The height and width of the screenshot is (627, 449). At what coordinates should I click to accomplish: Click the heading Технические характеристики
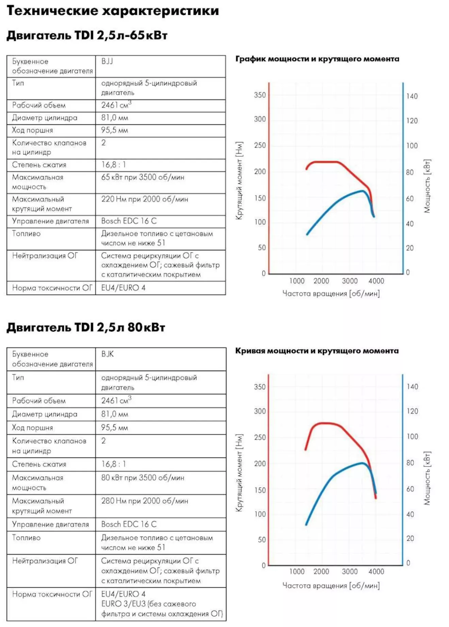(113, 11)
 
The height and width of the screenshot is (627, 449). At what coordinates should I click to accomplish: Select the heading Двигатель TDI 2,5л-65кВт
(87, 35)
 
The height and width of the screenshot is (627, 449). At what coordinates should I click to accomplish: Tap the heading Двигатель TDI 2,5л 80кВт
(86, 327)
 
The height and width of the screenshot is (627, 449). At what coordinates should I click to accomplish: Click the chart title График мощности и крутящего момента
(317, 59)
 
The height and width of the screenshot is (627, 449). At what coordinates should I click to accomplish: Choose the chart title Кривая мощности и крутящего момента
(317, 351)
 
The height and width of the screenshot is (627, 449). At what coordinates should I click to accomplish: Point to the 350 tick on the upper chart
(260, 95)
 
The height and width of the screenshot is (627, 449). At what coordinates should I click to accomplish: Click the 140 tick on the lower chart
(412, 387)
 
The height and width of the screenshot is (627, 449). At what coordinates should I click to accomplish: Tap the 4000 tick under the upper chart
(376, 281)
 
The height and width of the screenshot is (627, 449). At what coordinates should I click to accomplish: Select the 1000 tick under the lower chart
(297, 572)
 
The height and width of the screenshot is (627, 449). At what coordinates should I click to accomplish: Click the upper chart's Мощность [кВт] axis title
(427, 186)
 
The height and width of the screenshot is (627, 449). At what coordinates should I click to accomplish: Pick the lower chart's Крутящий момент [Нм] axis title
(239, 473)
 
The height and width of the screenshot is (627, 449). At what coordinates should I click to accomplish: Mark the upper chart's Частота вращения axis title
(331, 294)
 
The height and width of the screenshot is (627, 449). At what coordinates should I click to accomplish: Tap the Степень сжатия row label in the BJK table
(39, 464)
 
